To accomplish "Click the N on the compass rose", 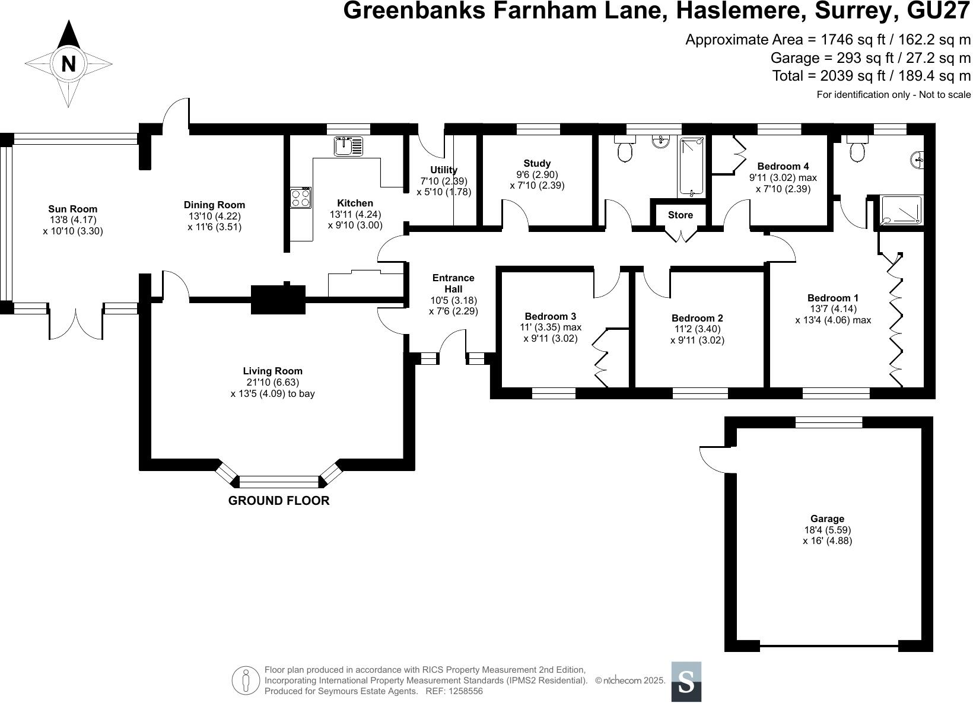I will click(69, 63).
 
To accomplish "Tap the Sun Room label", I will click(72, 209).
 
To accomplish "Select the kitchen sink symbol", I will click(348, 145).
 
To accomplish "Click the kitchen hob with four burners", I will click(301, 198).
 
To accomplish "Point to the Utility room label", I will click(444, 170).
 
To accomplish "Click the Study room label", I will click(537, 163).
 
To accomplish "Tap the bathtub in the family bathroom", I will click(692, 167).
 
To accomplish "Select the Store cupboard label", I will click(680, 215).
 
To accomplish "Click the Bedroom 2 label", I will click(697, 319).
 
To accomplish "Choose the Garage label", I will click(827, 518).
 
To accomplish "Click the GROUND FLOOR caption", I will click(279, 501).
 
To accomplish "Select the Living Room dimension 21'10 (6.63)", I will click(272, 383).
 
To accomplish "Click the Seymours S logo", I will click(686, 681).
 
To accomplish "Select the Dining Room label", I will click(214, 205).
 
